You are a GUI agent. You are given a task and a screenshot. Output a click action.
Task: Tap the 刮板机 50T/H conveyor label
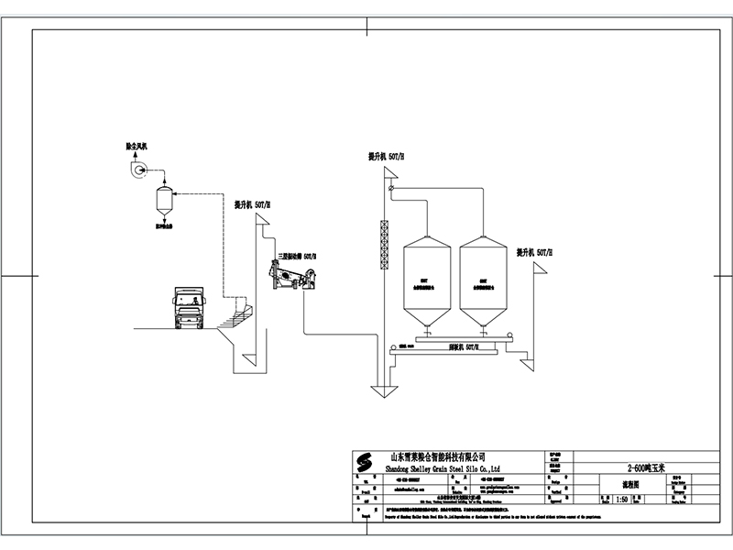[462, 348]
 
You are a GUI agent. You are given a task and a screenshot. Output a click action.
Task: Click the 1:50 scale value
[622, 500]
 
